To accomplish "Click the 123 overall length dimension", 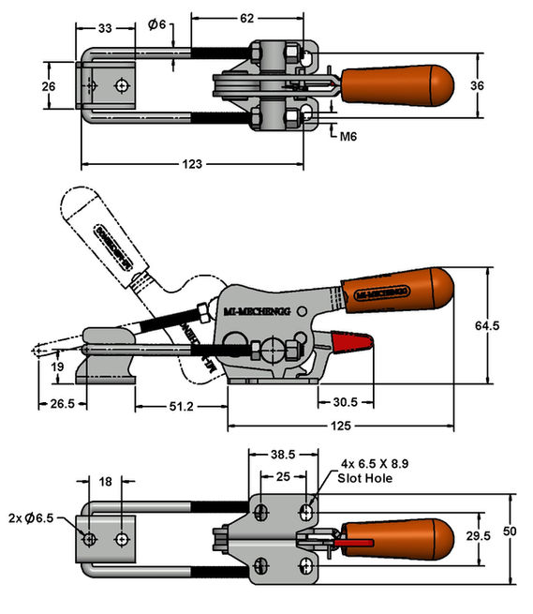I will coord(191,164).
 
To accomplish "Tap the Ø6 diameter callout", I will coord(156,24).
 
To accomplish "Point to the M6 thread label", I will coord(348,137).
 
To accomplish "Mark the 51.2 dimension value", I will coord(182,406).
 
